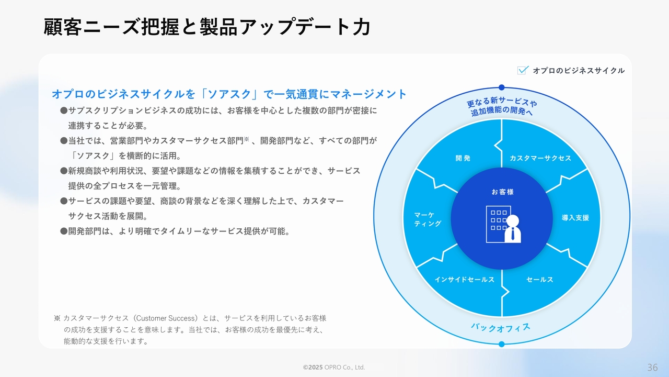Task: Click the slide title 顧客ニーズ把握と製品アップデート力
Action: point(207,27)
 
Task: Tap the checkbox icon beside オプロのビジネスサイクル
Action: point(523,70)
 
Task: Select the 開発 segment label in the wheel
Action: point(463,158)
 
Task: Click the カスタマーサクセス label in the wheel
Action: point(540,158)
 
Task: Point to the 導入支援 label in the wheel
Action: point(575,218)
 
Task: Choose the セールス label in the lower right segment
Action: point(540,280)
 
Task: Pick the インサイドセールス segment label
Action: point(465,280)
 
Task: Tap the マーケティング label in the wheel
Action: point(428,219)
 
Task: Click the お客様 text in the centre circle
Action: point(503,192)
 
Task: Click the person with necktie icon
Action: point(513,229)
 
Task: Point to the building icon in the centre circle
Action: point(497,224)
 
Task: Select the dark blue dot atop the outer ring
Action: point(502,87)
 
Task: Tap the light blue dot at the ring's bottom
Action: point(502,344)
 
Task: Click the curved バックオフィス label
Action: point(501,328)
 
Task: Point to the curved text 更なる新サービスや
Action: point(502,102)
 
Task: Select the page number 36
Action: point(653,367)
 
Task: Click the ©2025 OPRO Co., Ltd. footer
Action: point(334,367)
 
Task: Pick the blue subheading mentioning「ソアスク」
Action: point(229,94)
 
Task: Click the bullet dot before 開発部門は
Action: point(64,231)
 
